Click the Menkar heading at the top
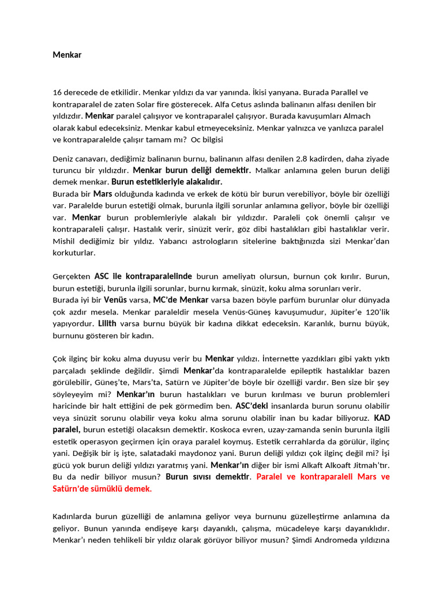(67, 55)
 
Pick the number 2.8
(304, 159)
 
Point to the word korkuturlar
(74, 252)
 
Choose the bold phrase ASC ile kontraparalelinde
(143, 276)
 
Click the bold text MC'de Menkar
(180, 300)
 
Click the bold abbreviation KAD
(382, 418)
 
